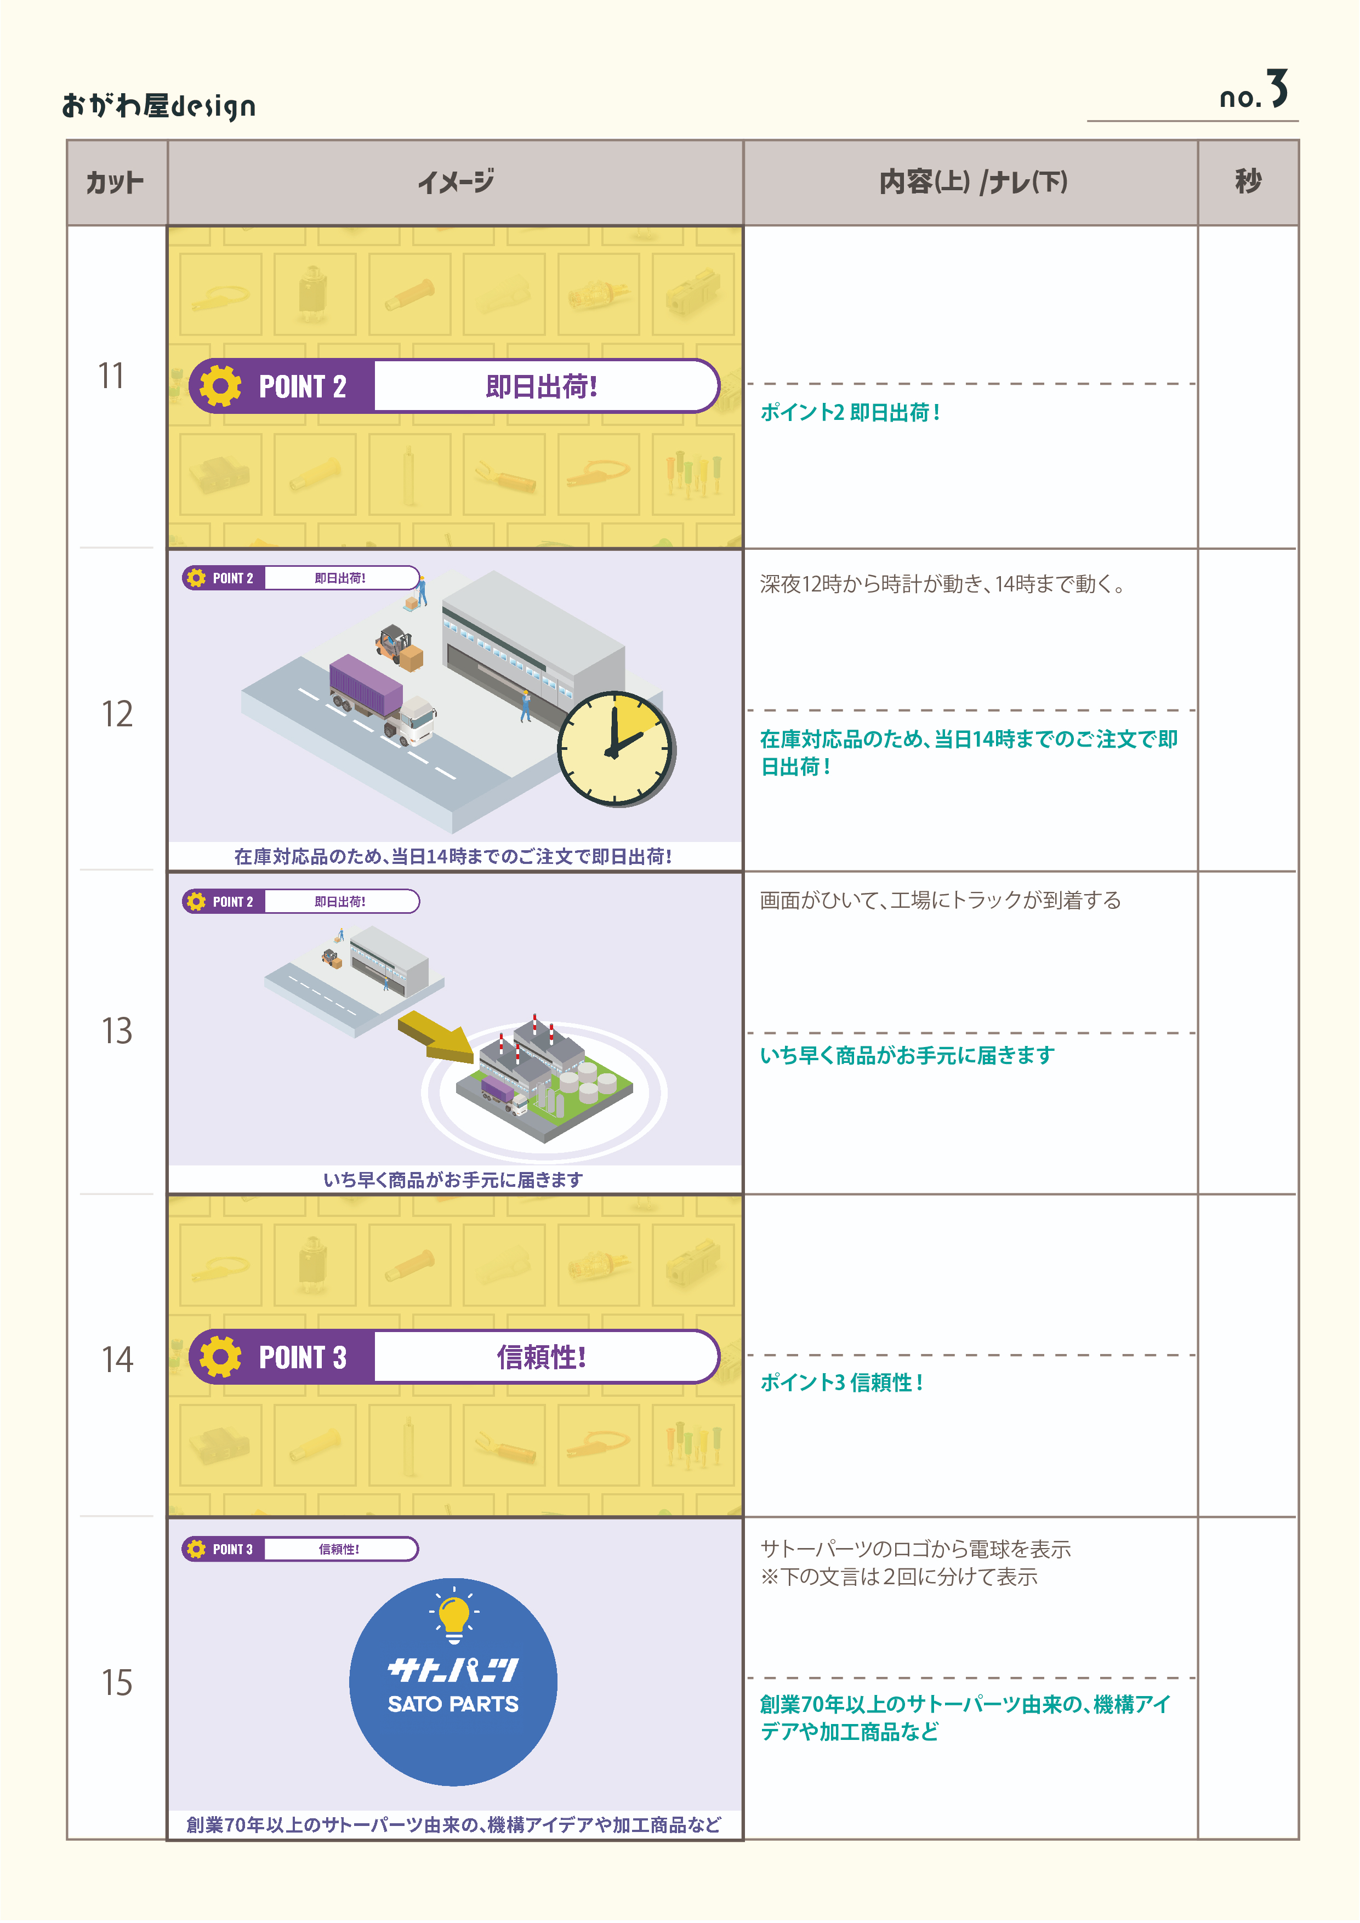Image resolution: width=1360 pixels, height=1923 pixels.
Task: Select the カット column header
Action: [x=116, y=183]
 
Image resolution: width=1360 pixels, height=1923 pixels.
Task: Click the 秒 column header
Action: [x=1248, y=182]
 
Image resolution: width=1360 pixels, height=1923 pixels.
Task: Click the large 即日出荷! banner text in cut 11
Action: [x=541, y=387]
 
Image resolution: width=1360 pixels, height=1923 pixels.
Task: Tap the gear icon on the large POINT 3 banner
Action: [x=221, y=1356]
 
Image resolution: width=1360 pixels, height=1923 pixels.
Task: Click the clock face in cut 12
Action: [x=616, y=748]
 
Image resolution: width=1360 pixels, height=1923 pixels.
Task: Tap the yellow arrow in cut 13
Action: [x=435, y=1036]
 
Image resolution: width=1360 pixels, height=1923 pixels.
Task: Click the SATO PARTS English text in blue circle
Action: [x=453, y=1704]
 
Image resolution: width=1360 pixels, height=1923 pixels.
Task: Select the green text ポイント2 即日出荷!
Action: [x=850, y=412]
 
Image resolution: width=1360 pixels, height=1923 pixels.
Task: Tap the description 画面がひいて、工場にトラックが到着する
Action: [x=940, y=900]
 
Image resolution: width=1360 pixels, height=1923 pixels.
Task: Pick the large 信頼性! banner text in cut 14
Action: [x=541, y=1357]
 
